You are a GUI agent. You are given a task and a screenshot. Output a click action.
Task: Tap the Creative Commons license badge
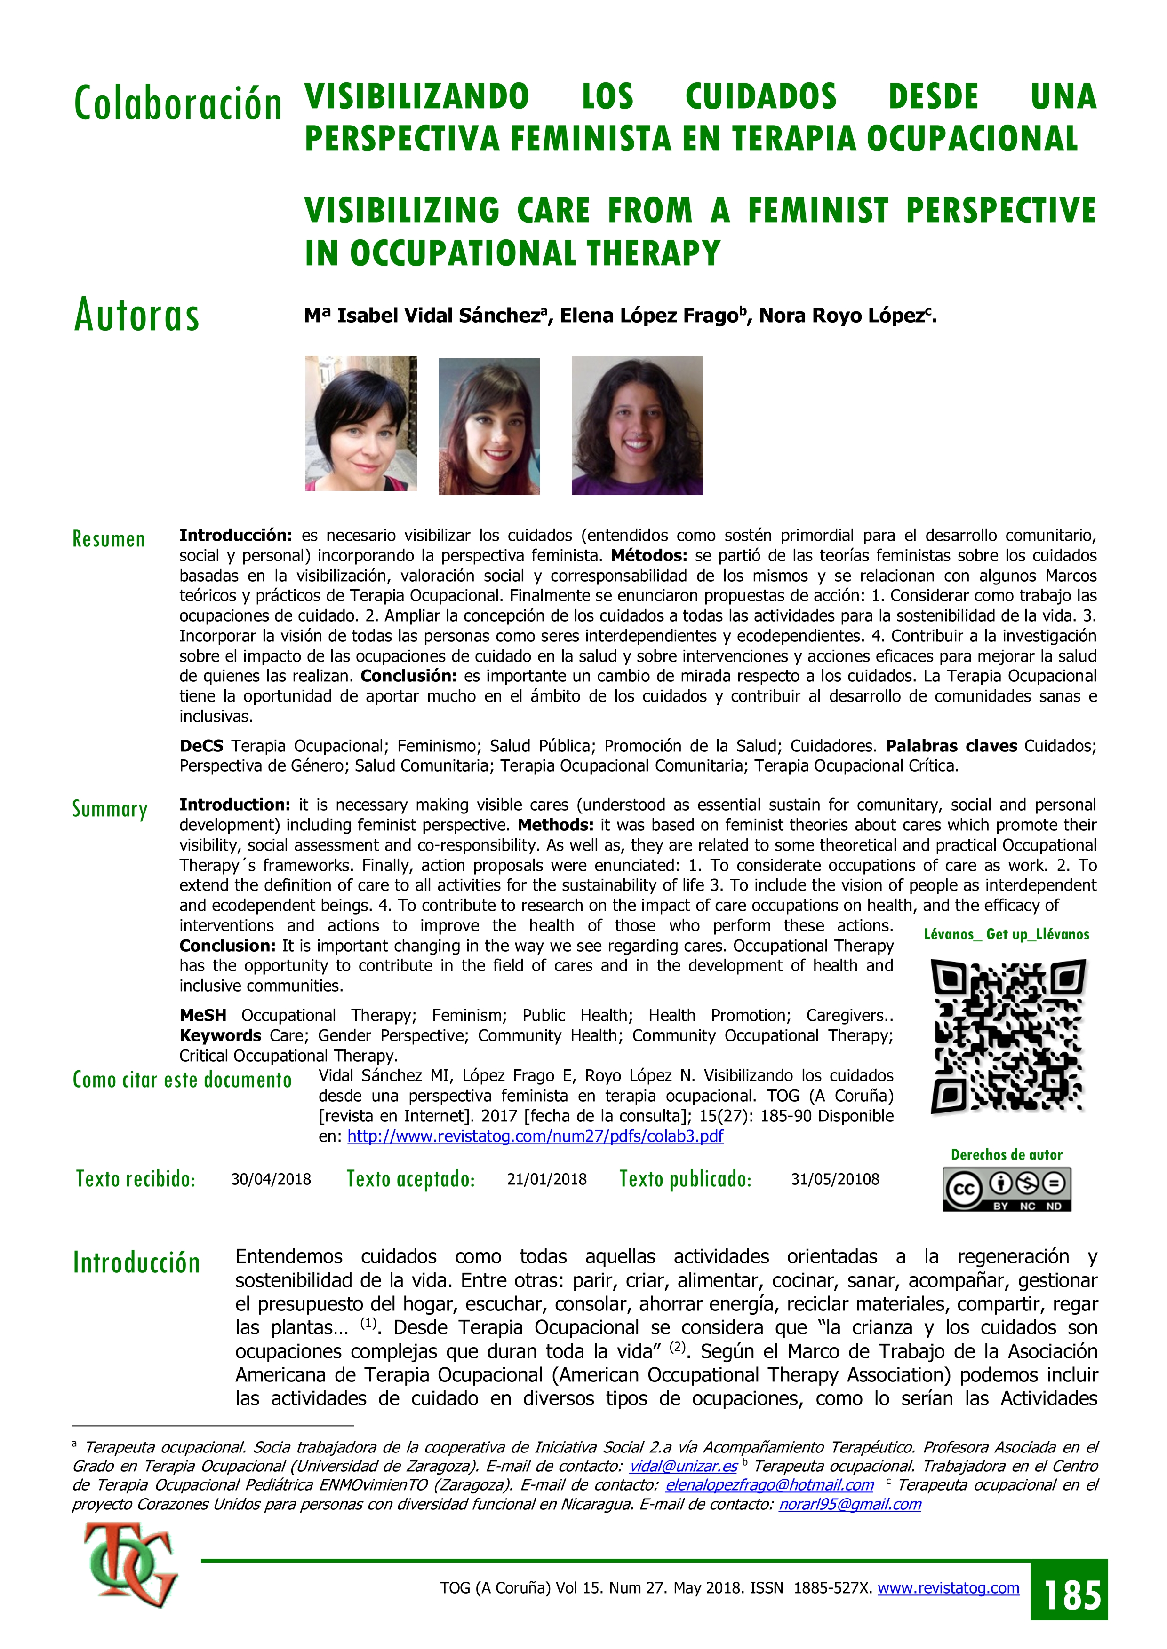click(1007, 1189)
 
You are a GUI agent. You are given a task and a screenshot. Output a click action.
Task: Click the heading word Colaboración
click(177, 104)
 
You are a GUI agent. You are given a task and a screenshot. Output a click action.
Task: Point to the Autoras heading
click(136, 316)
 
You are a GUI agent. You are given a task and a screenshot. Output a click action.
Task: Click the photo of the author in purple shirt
click(637, 425)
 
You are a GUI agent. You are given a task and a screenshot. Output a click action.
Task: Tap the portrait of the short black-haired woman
click(361, 424)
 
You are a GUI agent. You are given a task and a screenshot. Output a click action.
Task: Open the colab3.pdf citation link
click(536, 1136)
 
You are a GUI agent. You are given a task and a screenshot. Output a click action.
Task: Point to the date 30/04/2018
click(271, 1179)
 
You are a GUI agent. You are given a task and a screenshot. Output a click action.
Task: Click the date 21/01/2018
click(547, 1179)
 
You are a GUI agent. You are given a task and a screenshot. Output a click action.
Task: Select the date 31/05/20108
click(835, 1179)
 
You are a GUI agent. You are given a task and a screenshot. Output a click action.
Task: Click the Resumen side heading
click(109, 539)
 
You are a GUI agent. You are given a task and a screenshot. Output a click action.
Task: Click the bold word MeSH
click(203, 1016)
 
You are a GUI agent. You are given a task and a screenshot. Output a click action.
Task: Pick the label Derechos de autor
click(1006, 1155)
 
